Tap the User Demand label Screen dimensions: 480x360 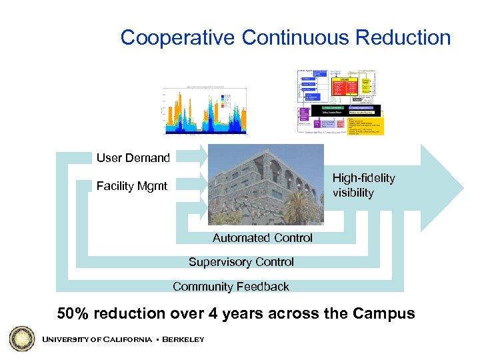pyautogui.click(x=133, y=158)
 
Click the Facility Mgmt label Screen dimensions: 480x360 pyautogui.click(x=131, y=186)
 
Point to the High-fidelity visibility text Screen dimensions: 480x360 pyautogui.click(x=363, y=185)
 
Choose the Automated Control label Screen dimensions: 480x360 pyautogui.click(x=262, y=238)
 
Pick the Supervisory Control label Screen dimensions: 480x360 pyautogui.click(x=241, y=262)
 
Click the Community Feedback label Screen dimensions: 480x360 pyautogui.click(x=231, y=287)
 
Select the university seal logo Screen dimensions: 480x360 pyautogui.click(x=21, y=339)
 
